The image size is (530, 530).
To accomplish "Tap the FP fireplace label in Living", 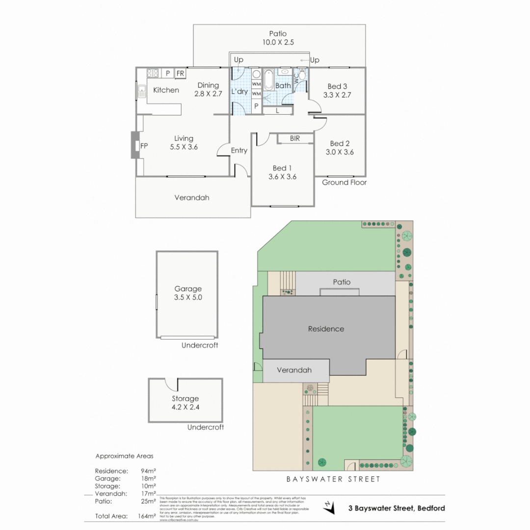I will (x=144, y=146).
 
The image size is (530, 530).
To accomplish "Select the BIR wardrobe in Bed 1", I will (x=295, y=139).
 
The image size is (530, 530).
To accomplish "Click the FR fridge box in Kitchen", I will (x=180, y=73).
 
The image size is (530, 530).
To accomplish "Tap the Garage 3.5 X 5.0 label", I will (x=188, y=293).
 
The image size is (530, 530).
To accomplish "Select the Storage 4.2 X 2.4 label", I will (x=185, y=403).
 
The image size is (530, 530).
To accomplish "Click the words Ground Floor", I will (x=344, y=183).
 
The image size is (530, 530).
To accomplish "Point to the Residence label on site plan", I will (x=326, y=329).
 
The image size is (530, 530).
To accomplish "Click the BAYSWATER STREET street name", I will (x=334, y=479).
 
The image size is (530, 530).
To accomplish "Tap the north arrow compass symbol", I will (x=329, y=507).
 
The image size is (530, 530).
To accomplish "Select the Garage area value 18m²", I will (x=148, y=478).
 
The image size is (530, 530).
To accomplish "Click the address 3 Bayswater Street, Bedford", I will (x=397, y=508).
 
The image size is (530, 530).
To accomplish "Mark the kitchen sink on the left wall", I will (x=142, y=91).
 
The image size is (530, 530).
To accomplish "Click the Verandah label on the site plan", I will (x=294, y=370).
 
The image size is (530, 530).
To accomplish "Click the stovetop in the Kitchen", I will (x=153, y=73).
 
